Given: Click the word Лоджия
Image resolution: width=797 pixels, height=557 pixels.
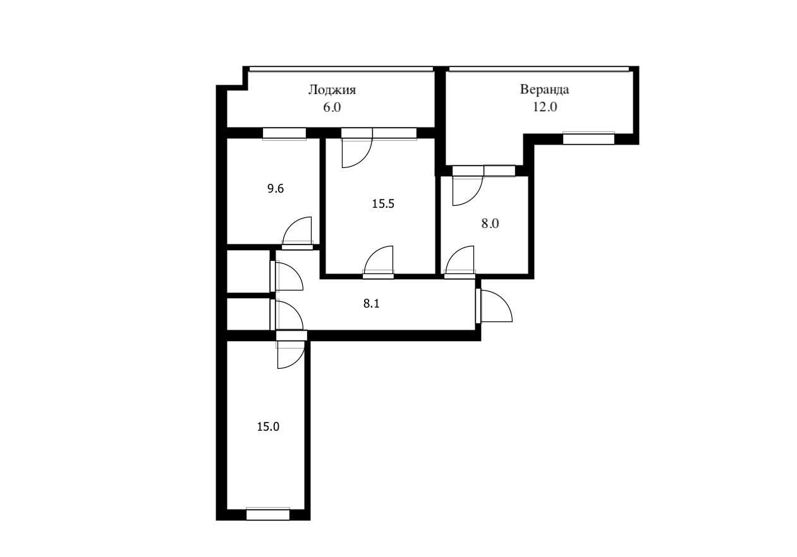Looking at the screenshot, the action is point(332,90).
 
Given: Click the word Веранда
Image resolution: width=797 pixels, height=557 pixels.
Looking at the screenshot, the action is point(544,89).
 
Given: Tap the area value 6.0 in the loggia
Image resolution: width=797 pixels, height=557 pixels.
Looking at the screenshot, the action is point(332,107).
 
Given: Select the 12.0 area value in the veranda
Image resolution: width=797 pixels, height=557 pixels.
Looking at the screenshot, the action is point(544,107).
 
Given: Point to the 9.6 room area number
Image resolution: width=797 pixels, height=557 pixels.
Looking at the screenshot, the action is point(276,188).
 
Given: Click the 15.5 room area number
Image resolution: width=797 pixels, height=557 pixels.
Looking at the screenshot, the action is point(383,204).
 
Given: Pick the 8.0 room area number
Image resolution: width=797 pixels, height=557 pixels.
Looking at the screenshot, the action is point(490,224).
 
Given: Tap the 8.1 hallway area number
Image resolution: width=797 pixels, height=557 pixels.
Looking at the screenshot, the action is point(371,304).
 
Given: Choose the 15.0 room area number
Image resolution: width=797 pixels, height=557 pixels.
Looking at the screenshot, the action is point(268,426).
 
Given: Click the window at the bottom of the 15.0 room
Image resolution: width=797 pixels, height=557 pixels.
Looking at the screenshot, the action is point(268,514).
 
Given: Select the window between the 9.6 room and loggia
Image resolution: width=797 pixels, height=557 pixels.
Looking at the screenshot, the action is point(284,133).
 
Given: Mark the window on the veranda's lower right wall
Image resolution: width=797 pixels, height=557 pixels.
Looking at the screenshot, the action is point(588,138).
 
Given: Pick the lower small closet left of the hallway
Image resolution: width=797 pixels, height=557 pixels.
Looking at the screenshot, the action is point(248,314).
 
